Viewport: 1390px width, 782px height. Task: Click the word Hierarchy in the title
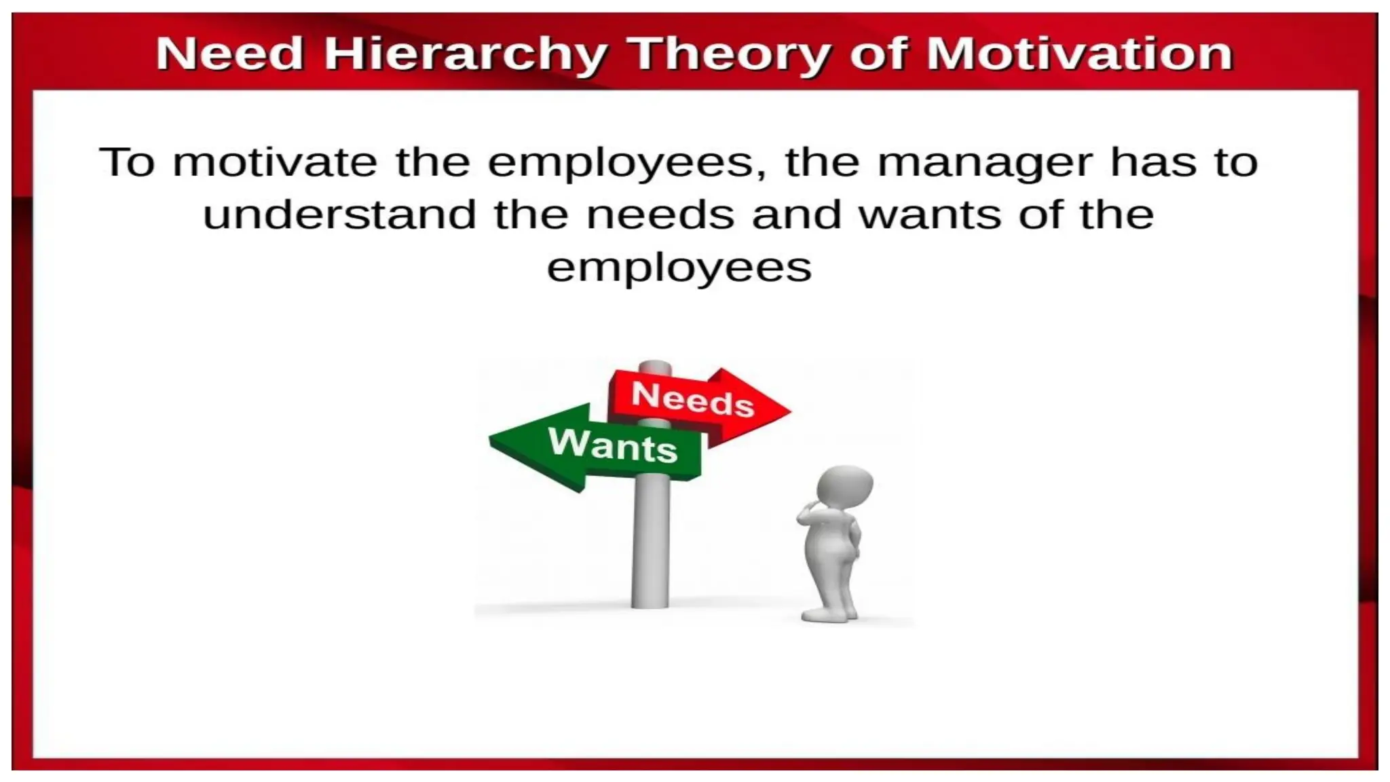click(465, 54)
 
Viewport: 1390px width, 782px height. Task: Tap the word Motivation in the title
click(1079, 54)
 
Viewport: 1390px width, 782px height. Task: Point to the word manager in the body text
click(985, 163)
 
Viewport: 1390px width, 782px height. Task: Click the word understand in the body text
click(339, 215)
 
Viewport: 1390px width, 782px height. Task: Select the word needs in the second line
click(660, 215)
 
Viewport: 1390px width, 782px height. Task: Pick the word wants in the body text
click(930, 215)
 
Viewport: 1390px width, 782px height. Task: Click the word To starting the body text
click(127, 163)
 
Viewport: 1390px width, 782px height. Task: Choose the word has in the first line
click(1152, 163)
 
